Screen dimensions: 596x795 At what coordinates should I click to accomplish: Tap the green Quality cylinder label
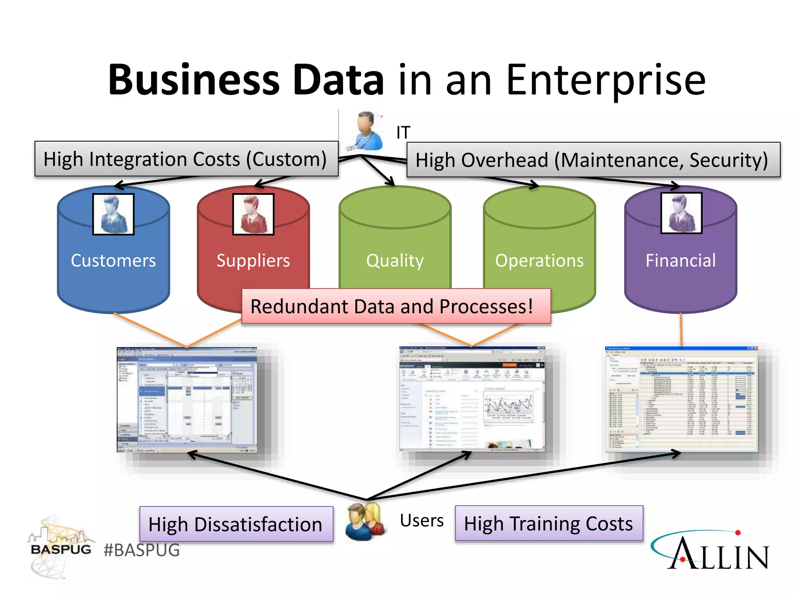click(395, 260)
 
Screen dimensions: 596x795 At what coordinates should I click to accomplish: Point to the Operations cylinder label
click(539, 260)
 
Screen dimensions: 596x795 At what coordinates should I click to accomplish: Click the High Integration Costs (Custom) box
click(186, 159)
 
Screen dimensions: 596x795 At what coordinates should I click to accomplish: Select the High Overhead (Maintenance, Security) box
click(593, 160)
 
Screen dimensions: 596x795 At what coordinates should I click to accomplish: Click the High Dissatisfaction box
click(236, 524)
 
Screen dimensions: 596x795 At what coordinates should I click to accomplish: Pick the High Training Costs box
click(549, 523)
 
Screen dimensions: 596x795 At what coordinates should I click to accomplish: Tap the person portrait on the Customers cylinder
click(113, 214)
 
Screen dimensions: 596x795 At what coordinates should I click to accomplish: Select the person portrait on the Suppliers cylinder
click(253, 214)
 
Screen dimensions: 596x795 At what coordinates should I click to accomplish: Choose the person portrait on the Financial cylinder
click(681, 213)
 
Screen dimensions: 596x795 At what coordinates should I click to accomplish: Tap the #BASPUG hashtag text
click(142, 550)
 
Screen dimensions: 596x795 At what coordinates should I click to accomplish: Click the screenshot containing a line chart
click(472, 399)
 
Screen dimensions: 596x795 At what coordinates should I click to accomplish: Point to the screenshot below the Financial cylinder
click(681, 399)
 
